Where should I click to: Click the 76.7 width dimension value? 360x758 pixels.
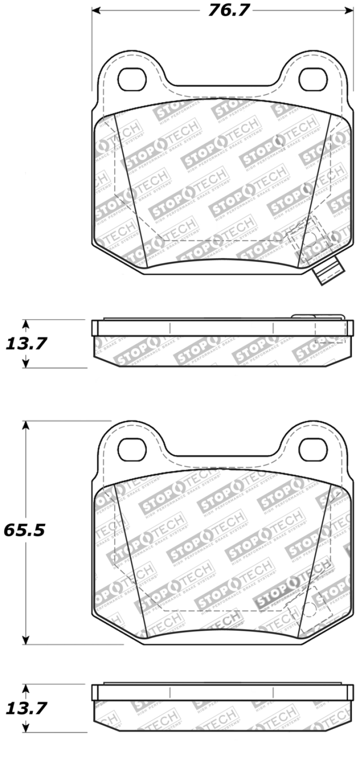228,10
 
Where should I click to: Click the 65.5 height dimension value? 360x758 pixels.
25,530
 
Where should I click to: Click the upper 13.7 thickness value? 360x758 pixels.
26,344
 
